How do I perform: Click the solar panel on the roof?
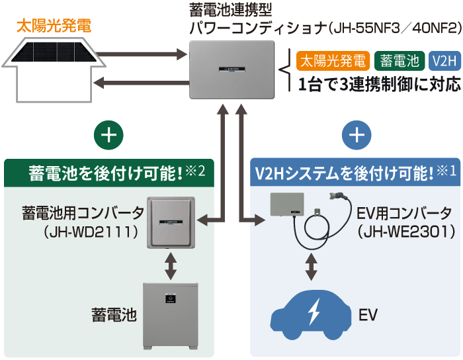(x=56, y=52)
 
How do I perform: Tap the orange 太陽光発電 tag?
(x=333, y=62)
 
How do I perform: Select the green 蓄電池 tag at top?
(x=401, y=62)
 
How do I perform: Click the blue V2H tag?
(x=444, y=62)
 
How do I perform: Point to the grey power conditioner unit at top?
(x=232, y=69)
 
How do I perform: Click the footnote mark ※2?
(x=196, y=171)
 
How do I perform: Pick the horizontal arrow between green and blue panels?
(x=228, y=218)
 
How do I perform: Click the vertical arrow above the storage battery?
(x=171, y=265)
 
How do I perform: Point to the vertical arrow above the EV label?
(x=311, y=265)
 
